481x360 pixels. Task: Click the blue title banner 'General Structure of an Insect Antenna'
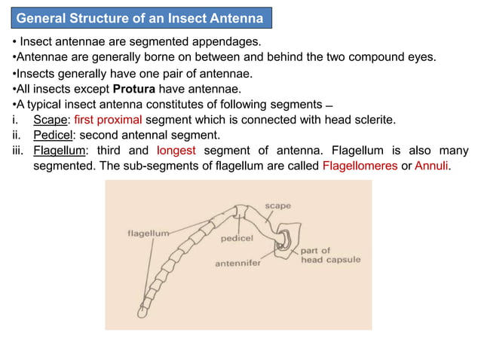coord(140,17)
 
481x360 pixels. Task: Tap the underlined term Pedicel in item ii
coord(57,136)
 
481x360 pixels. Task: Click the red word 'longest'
coord(176,151)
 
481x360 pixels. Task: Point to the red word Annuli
coord(432,166)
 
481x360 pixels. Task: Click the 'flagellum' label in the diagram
coord(148,233)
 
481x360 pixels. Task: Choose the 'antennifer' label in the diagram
coord(238,264)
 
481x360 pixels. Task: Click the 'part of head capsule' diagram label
coord(330,255)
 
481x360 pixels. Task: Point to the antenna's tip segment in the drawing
coord(143,309)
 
